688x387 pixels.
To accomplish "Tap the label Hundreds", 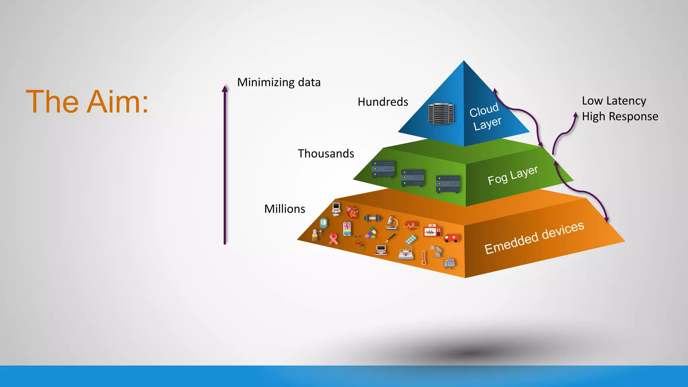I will (x=383, y=102).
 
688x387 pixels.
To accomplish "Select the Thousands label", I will (x=326, y=154).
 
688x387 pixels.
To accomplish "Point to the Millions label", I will (x=285, y=209).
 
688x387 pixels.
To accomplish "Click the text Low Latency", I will (x=614, y=101).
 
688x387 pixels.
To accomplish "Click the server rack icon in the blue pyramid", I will (x=441, y=114).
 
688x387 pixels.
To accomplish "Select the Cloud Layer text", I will (x=485, y=116).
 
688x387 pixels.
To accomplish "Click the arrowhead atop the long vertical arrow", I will (x=225, y=88).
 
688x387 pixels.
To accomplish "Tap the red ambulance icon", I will (x=451, y=238).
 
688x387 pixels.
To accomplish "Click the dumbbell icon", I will (x=372, y=218).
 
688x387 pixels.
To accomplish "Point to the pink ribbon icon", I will (x=333, y=239).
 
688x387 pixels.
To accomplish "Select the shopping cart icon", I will (x=449, y=263).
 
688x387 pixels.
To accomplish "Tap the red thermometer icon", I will (x=424, y=258).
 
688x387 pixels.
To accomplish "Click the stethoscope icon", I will (x=359, y=243).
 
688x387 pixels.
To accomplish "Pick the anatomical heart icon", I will (x=352, y=212).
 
